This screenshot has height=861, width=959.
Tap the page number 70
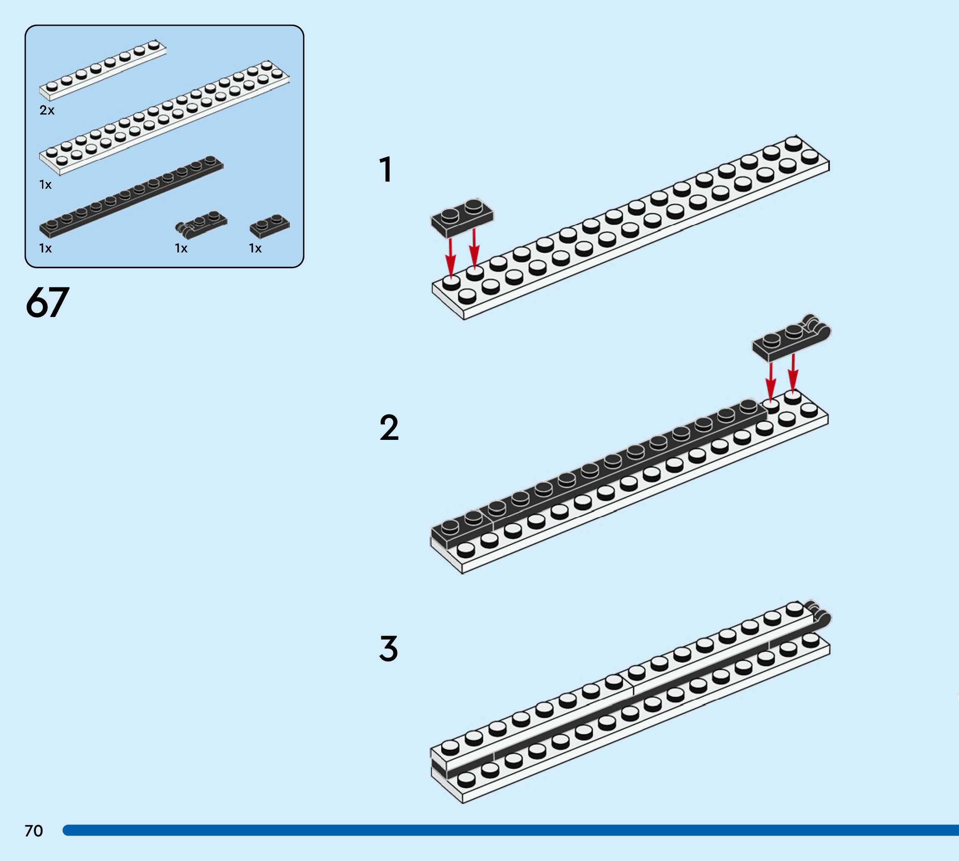[x=34, y=831]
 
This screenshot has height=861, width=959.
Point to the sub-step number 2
[x=389, y=428]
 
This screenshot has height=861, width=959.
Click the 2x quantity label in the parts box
[x=47, y=110]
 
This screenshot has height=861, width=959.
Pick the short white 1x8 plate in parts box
[x=102, y=70]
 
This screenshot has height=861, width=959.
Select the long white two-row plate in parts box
[x=164, y=117]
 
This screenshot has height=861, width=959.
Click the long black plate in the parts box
[x=131, y=196]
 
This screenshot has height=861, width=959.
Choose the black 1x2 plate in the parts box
[x=269, y=226]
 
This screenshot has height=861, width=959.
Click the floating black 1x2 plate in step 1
[x=461, y=217]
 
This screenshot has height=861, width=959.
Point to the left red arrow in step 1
[x=451, y=258]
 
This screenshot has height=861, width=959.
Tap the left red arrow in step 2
[x=771, y=381]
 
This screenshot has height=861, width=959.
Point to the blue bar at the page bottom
[x=511, y=830]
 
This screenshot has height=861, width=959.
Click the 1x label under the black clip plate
[x=181, y=248]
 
